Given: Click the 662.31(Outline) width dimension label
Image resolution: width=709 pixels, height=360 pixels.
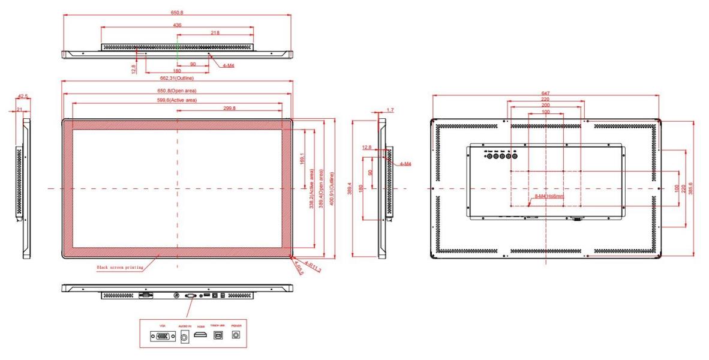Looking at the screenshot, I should tap(178, 77).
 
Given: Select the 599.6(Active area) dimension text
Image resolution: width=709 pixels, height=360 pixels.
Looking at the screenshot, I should tap(178, 100).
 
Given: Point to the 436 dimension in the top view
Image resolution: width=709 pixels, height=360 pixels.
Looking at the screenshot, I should tap(177, 25).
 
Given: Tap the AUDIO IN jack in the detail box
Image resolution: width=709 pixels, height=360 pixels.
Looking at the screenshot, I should tap(184, 338).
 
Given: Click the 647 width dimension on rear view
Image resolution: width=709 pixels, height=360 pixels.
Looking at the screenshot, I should tap(545, 94).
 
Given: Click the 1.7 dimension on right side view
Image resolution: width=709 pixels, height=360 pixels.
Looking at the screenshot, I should tap(390, 110).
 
